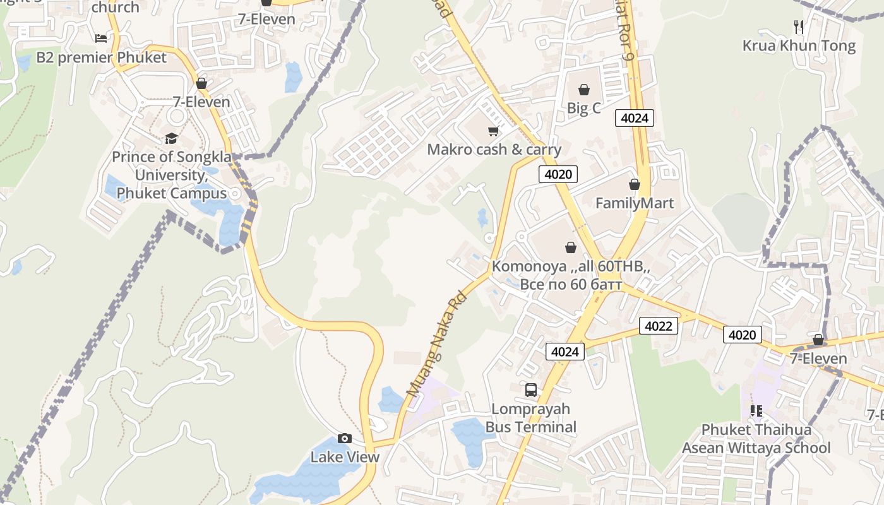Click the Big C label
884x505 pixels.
point(583,108)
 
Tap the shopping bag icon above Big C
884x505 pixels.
point(584,90)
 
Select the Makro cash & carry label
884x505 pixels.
point(494,150)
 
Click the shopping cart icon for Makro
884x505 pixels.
point(493,131)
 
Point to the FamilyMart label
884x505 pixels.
point(635,203)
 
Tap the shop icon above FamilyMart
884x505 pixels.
point(635,184)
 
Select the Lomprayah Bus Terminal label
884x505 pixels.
point(530,418)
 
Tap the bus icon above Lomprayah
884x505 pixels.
point(531,390)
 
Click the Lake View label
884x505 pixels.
point(345,456)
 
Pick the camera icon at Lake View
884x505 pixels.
point(344,438)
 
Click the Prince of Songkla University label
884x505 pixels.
point(172,175)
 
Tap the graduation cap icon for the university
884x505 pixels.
point(171,138)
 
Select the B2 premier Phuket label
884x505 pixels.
point(101,57)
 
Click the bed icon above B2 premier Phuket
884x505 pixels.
point(101,39)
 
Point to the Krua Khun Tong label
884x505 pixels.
point(799,45)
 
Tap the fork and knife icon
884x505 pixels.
point(799,27)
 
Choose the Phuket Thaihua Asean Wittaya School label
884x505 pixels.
point(756,439)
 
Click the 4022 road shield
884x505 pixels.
point(659,326)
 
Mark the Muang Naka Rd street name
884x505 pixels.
point(436,344)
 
